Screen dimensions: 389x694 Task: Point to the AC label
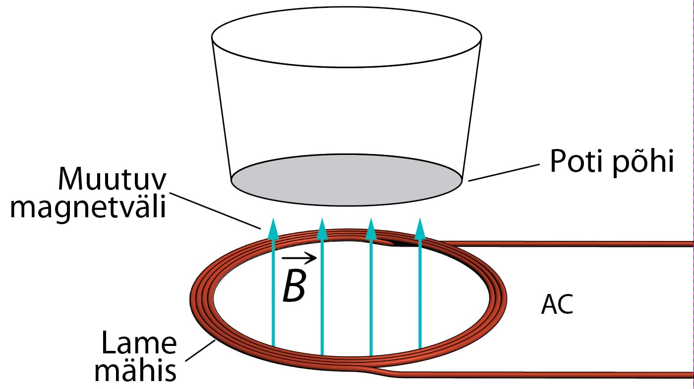(557, 305)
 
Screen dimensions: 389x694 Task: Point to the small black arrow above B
(299, 257)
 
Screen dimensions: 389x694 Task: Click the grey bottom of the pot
(347, 178)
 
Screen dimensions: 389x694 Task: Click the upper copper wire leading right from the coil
(570, 243)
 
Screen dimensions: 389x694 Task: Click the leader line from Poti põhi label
(503, 173)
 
